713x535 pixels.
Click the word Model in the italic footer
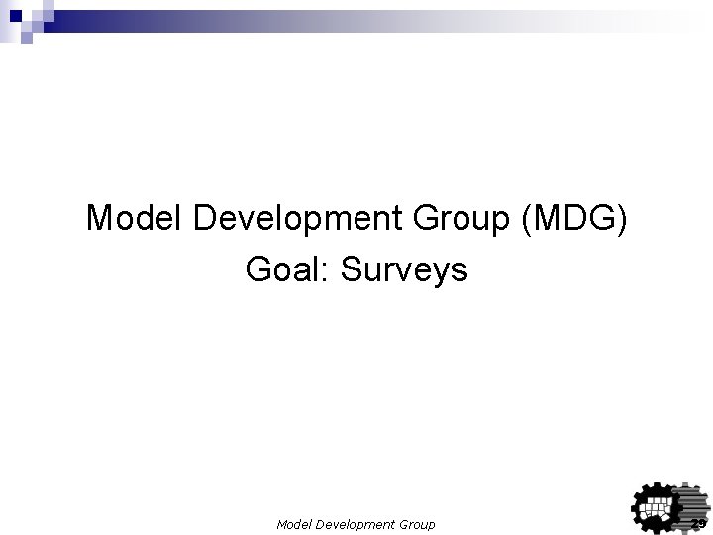pos(294,524)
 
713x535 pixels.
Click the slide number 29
pos(698,523)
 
